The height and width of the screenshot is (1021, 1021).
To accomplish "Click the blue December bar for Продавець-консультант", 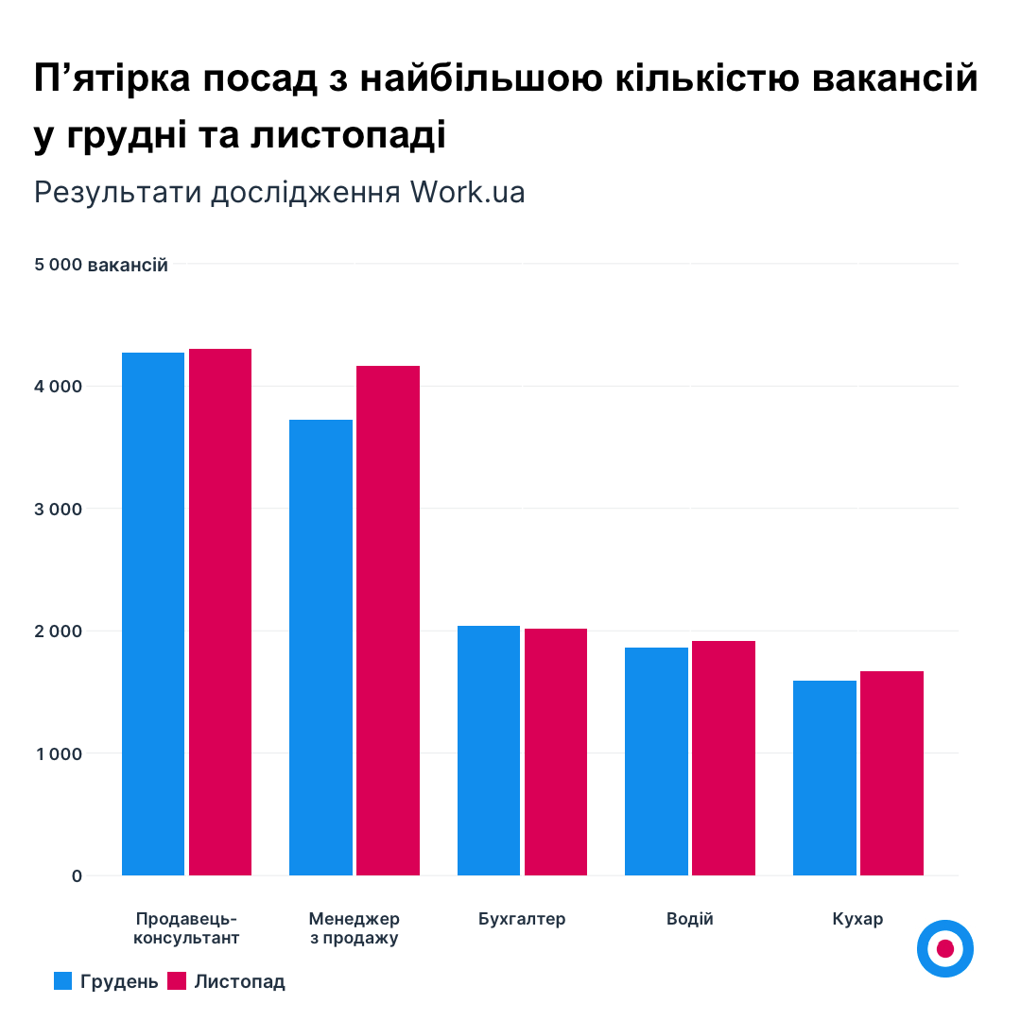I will click(x=153, y=614).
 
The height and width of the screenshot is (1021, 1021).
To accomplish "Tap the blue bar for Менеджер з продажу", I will click(x=320, y=648).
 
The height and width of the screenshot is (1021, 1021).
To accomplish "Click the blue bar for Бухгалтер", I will click(x=489, y=751).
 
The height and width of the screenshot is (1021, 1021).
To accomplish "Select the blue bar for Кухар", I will click(x=824, y=778).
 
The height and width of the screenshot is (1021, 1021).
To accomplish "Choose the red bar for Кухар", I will click(x=891, y=773).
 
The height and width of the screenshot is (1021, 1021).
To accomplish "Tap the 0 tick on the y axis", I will click(x=77, y=876).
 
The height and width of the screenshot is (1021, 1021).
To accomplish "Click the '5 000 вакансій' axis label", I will click(x=101, y=266).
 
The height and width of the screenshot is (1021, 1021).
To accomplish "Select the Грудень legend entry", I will click(x=106, y=981).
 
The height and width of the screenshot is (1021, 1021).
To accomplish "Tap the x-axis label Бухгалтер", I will click(x=522, y=919).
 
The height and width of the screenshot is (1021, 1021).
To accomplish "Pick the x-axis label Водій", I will click(x=690, y=919).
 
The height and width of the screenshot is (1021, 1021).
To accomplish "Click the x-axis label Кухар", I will click(x=857, y=919).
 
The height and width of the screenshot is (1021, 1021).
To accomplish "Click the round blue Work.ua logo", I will click(x=944, y=948).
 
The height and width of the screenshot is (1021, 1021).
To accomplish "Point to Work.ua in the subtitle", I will click(x=467, y=192).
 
